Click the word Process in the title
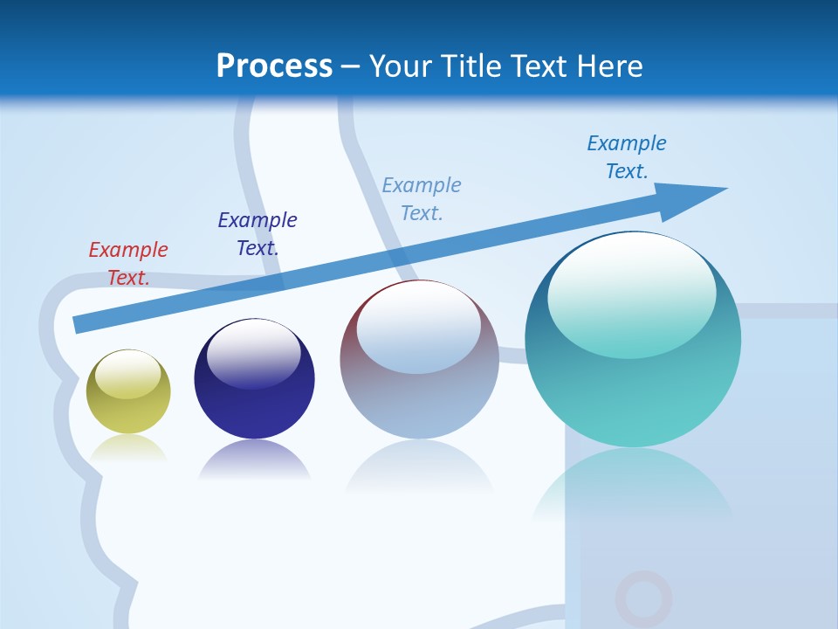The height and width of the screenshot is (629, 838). pos(274,66)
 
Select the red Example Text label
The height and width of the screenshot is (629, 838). pos(128,264)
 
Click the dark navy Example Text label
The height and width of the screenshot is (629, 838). pos(258,234)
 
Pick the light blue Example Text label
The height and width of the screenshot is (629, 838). pos(422,199)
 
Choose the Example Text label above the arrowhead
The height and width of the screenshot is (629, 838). pos(627,157)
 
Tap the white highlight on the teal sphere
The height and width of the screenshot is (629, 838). pos(632,288)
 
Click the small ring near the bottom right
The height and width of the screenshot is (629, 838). pos(643,598)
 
